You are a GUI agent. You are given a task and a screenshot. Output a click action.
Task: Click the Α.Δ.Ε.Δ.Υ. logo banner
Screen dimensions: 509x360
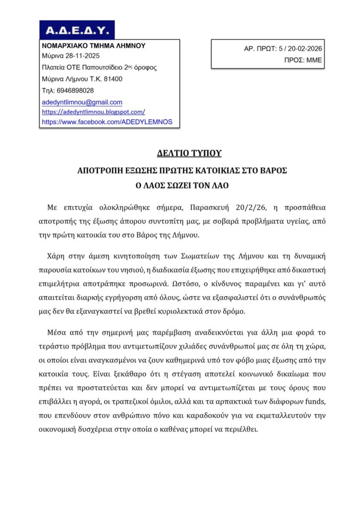[x=77, y=30]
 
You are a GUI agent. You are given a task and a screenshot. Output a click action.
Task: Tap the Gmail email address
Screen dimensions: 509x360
[x=82, y=102]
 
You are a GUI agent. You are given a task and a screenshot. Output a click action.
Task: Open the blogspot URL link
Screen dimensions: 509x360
[x=93, y=112]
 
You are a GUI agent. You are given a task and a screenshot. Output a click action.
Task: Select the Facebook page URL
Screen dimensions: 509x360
[x=107, y=121]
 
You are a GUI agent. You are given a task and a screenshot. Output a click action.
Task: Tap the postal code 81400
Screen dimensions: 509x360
[x=113, y=79]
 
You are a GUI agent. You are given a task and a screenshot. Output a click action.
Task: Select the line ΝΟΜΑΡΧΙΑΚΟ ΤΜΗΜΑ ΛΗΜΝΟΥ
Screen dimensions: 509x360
[x=93, y=45]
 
